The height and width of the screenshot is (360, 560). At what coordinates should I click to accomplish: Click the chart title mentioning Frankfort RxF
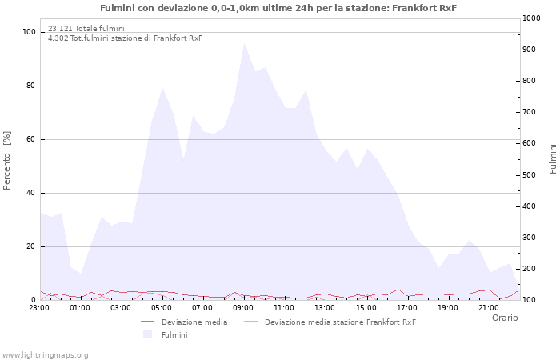pyautogui.click(x=278, y=8)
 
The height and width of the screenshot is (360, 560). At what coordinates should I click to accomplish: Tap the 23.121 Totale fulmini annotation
pyautogui.click(x=86, y=28)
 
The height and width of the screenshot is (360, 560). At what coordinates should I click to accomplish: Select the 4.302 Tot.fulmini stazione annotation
pyautogui.click(x=125, y=38)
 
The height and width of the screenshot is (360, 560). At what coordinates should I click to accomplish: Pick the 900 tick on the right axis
pyautogui.click(x=529, y=50)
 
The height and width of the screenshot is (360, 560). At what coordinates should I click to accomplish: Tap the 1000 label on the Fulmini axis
pyautogui.click(x=531, y=18)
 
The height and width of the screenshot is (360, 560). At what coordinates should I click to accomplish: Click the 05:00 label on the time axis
pyautogui.click(x=162, y=308)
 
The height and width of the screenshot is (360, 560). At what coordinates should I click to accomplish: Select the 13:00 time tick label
pyautogui.click(x=325, y=308)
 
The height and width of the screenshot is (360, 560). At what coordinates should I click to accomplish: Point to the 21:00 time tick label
pyautogui.click(x=489, y=308)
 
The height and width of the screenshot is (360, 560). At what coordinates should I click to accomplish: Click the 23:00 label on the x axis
pyautogui.click(x=39, y=308)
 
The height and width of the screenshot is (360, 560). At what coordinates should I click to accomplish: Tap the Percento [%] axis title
pyautogui.click(x=6, y=161)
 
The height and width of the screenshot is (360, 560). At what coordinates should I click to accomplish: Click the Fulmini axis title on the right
pyautogui.click(x=553, y=159)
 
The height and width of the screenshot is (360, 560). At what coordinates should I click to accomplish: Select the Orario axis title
pyautogui.click(x=505, y=318)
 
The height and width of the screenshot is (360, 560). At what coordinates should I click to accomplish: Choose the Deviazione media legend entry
pyautogui.click(x=184, y=322)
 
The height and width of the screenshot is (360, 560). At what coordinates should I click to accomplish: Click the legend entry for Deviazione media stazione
pyautogui.click(x=330, y=322)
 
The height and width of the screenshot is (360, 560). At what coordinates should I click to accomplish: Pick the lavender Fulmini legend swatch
pyautogui.click(x=147, y=334)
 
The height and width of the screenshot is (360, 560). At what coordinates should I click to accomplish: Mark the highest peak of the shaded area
pyautogui.click(x=244, y=43)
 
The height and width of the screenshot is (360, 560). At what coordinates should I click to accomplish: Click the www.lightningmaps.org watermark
pyautogui.click(x=45, y=355)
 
